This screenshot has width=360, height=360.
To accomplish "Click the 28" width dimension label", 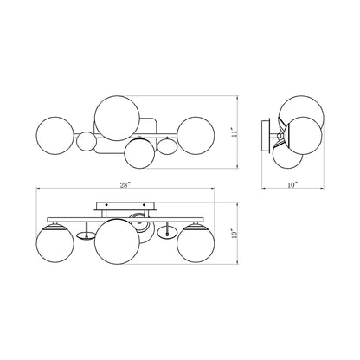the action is coord(125,185).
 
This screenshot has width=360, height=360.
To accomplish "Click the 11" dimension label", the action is coord(235,132).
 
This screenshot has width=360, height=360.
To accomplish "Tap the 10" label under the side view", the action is coord(292,185).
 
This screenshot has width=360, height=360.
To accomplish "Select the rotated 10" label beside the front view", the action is coord(235,233).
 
